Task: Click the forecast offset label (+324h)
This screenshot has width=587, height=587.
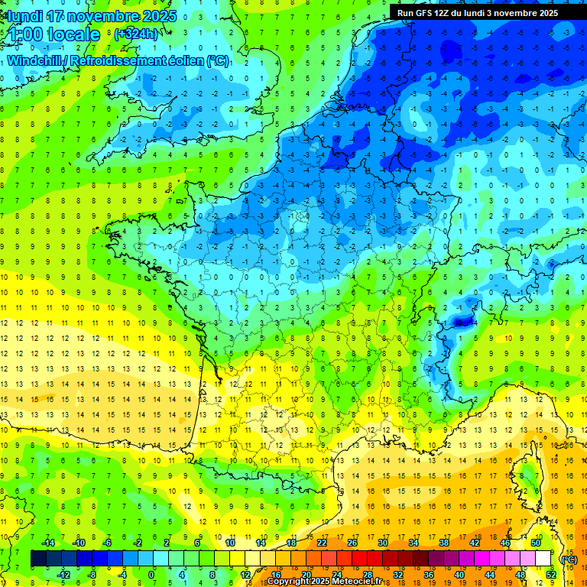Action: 135,34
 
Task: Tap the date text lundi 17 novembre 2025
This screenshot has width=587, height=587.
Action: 92,16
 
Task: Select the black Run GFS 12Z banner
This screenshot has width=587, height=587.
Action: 478,13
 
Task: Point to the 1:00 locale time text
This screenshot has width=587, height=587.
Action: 54,34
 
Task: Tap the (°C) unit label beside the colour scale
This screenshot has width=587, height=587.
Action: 569,559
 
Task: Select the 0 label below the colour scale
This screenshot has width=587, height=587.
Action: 151,574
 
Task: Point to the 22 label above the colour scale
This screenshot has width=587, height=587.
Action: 322,543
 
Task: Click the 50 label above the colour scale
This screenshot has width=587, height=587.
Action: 536,543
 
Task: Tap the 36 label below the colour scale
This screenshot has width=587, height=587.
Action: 428,574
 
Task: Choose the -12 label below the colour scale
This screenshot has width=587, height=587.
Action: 65,574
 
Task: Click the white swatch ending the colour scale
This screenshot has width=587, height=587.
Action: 543,559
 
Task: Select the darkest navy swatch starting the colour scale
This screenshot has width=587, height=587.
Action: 38,559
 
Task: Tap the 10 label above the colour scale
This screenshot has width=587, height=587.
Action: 230,543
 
